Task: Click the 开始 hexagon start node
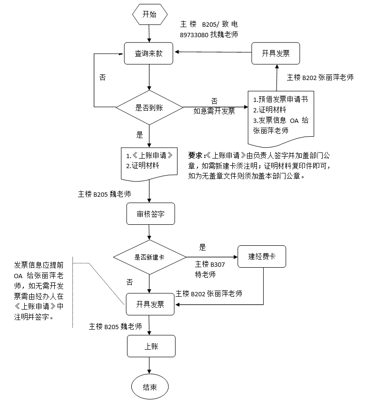tap(149, 14)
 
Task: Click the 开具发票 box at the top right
tap(276, 53)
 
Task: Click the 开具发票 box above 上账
tap(150, 304)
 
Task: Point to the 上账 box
tap(151, 346)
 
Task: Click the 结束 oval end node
tap(150, 387)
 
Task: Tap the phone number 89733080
tap(194, 35)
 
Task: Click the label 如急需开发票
tap(214, 111)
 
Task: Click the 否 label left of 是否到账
tap(102, 78)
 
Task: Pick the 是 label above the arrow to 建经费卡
tap(202, 248)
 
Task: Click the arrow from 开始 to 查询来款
tap(149, 33)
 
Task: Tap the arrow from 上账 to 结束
tap(150, 365)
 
